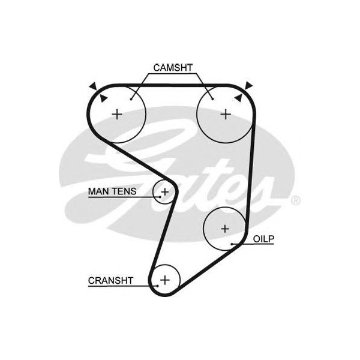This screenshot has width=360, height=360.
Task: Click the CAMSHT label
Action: [173, 67]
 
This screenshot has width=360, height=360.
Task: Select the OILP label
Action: [263, 239]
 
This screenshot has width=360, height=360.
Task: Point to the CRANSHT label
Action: [110, 280]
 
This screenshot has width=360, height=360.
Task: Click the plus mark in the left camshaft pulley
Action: [118, 113]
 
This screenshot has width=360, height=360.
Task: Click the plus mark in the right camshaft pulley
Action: [225, 113]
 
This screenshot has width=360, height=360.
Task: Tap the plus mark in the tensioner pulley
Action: [164, 192]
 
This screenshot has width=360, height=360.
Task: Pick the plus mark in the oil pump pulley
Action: [225, 229]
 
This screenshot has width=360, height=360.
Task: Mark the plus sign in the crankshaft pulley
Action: [165, 280]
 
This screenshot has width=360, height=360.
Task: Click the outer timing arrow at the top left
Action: [92, 86]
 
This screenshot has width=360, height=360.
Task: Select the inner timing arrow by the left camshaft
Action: [103, 98]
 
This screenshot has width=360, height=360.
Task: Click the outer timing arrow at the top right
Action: [248, 85]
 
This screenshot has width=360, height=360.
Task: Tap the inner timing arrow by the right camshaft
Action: [238, 96]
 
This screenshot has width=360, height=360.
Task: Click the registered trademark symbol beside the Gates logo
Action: [295, 200]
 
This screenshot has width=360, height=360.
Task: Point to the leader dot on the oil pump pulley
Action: [232, 244]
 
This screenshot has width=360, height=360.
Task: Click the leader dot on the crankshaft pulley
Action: [157, 286]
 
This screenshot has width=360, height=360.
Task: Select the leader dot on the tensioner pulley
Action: [159, 195]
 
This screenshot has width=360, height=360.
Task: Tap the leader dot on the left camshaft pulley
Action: [131, 98]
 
